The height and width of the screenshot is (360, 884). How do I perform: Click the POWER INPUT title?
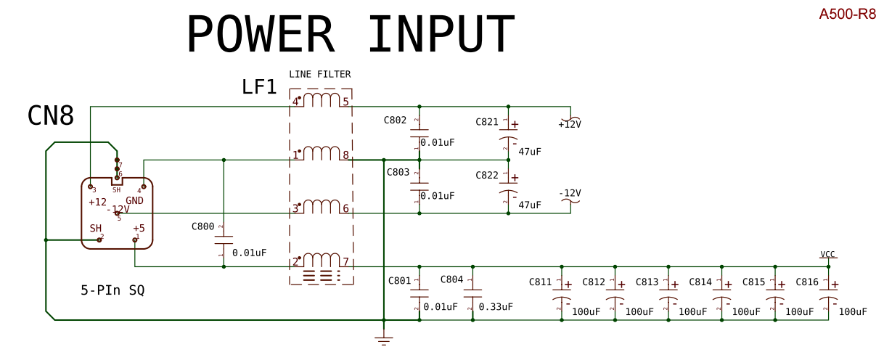point(351,35)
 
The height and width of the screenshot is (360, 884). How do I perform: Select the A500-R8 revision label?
point(848,14)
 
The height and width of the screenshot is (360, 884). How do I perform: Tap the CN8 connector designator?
point(51,115)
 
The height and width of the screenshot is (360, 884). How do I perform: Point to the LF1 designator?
point(259,88)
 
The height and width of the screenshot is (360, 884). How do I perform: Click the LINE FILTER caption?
point(320,74)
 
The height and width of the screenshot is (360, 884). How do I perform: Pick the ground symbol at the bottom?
point(383,337)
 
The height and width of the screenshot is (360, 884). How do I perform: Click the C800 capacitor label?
point(202,226)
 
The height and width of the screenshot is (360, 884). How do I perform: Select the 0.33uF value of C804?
point(496,307)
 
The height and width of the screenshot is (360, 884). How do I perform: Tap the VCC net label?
point(827,254)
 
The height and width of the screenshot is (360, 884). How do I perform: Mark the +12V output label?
point(570,124)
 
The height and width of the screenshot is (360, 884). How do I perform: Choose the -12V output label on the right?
point(570,193)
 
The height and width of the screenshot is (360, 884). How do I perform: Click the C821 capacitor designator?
point(487,122)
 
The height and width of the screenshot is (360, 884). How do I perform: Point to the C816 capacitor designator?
point(807,282)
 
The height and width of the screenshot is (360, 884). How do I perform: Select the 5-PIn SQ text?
point(112,290)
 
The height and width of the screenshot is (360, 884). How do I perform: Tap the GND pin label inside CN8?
point(134,201)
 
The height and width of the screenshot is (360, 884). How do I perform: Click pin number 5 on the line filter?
point(346,102)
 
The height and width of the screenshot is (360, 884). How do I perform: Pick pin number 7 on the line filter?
point(346,262)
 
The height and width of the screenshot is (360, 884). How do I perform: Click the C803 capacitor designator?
point(398,173)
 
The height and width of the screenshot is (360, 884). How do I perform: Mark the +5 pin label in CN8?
point(139,228)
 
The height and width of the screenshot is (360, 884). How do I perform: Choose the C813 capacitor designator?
point(647,282)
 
